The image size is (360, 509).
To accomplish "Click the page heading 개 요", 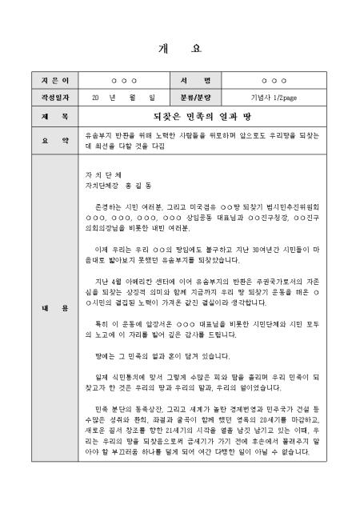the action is point(179,48).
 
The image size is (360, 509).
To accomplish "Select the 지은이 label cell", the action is point(44,82).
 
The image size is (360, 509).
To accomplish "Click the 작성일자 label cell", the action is point(44,98).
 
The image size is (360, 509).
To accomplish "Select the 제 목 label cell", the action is point(44,117).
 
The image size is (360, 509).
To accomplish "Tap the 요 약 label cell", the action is point(44,141).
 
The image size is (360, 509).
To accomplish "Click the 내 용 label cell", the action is point(44,307).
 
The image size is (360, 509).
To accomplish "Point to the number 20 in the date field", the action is point(95,98).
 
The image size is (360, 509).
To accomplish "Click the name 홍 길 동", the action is point(138,183).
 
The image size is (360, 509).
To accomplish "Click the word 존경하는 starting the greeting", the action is point(106,205).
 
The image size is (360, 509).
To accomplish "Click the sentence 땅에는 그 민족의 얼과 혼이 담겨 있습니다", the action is point(150,355).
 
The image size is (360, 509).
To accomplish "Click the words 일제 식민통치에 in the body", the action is point(117,376).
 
